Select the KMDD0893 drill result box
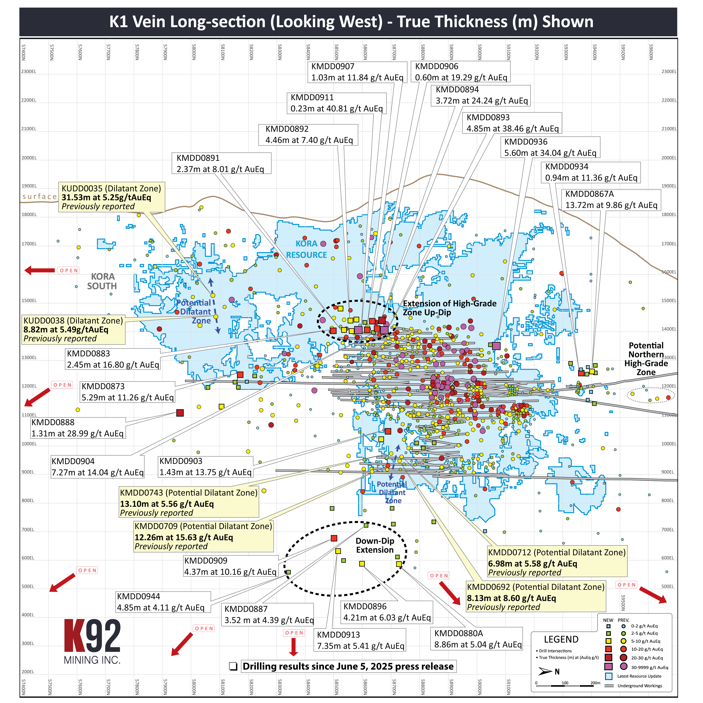point(512,123)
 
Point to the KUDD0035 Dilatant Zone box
point(111,197)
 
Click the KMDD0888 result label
point(78,428)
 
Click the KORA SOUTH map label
point(102,281)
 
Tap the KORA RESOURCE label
point(306,249)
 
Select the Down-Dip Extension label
point(375,545)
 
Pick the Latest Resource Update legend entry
point(639,676)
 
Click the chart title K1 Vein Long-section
point(351,22)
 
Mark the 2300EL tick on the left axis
point(29,72)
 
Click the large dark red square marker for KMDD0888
point(180,413)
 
